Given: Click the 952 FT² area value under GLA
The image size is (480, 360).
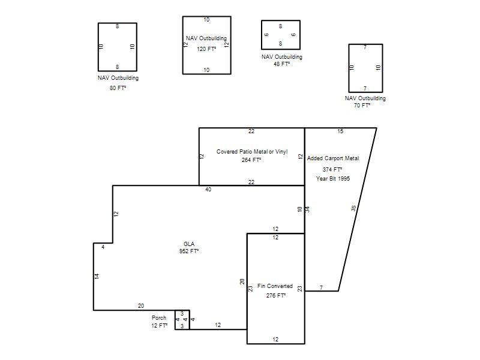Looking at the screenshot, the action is [189, 251].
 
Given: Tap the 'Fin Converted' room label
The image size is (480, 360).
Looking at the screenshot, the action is [275, 286].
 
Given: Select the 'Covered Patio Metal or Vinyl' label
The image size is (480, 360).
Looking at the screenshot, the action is [252, 152].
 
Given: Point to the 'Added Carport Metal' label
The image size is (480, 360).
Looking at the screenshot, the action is [333, 158].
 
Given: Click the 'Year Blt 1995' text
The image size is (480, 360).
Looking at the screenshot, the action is [333, 178].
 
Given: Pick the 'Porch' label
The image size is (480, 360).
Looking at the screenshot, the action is [159, 318].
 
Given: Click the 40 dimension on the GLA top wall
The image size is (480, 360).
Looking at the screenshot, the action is [208, 190].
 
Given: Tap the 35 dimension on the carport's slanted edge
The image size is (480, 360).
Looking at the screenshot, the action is [353, 208].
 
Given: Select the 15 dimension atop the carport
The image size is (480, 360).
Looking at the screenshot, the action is [340, 131].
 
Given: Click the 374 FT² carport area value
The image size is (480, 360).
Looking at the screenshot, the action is [332, 169].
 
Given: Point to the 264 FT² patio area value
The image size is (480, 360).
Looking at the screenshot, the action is [251, 160].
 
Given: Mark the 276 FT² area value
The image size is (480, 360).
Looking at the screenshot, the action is [276, 295].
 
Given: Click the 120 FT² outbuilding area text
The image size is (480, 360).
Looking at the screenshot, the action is [206, 49].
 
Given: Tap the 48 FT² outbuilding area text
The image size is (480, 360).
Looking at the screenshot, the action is [281, 64].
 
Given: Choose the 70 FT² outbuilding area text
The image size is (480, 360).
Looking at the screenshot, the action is [362, 106].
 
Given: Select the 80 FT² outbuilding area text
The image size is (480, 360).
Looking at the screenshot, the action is [118, 88].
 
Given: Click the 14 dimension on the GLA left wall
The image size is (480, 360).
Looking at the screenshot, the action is [97, 276].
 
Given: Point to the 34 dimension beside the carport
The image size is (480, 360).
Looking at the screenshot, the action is [308, 209].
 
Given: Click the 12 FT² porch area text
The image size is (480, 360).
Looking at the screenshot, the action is [160, 325].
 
